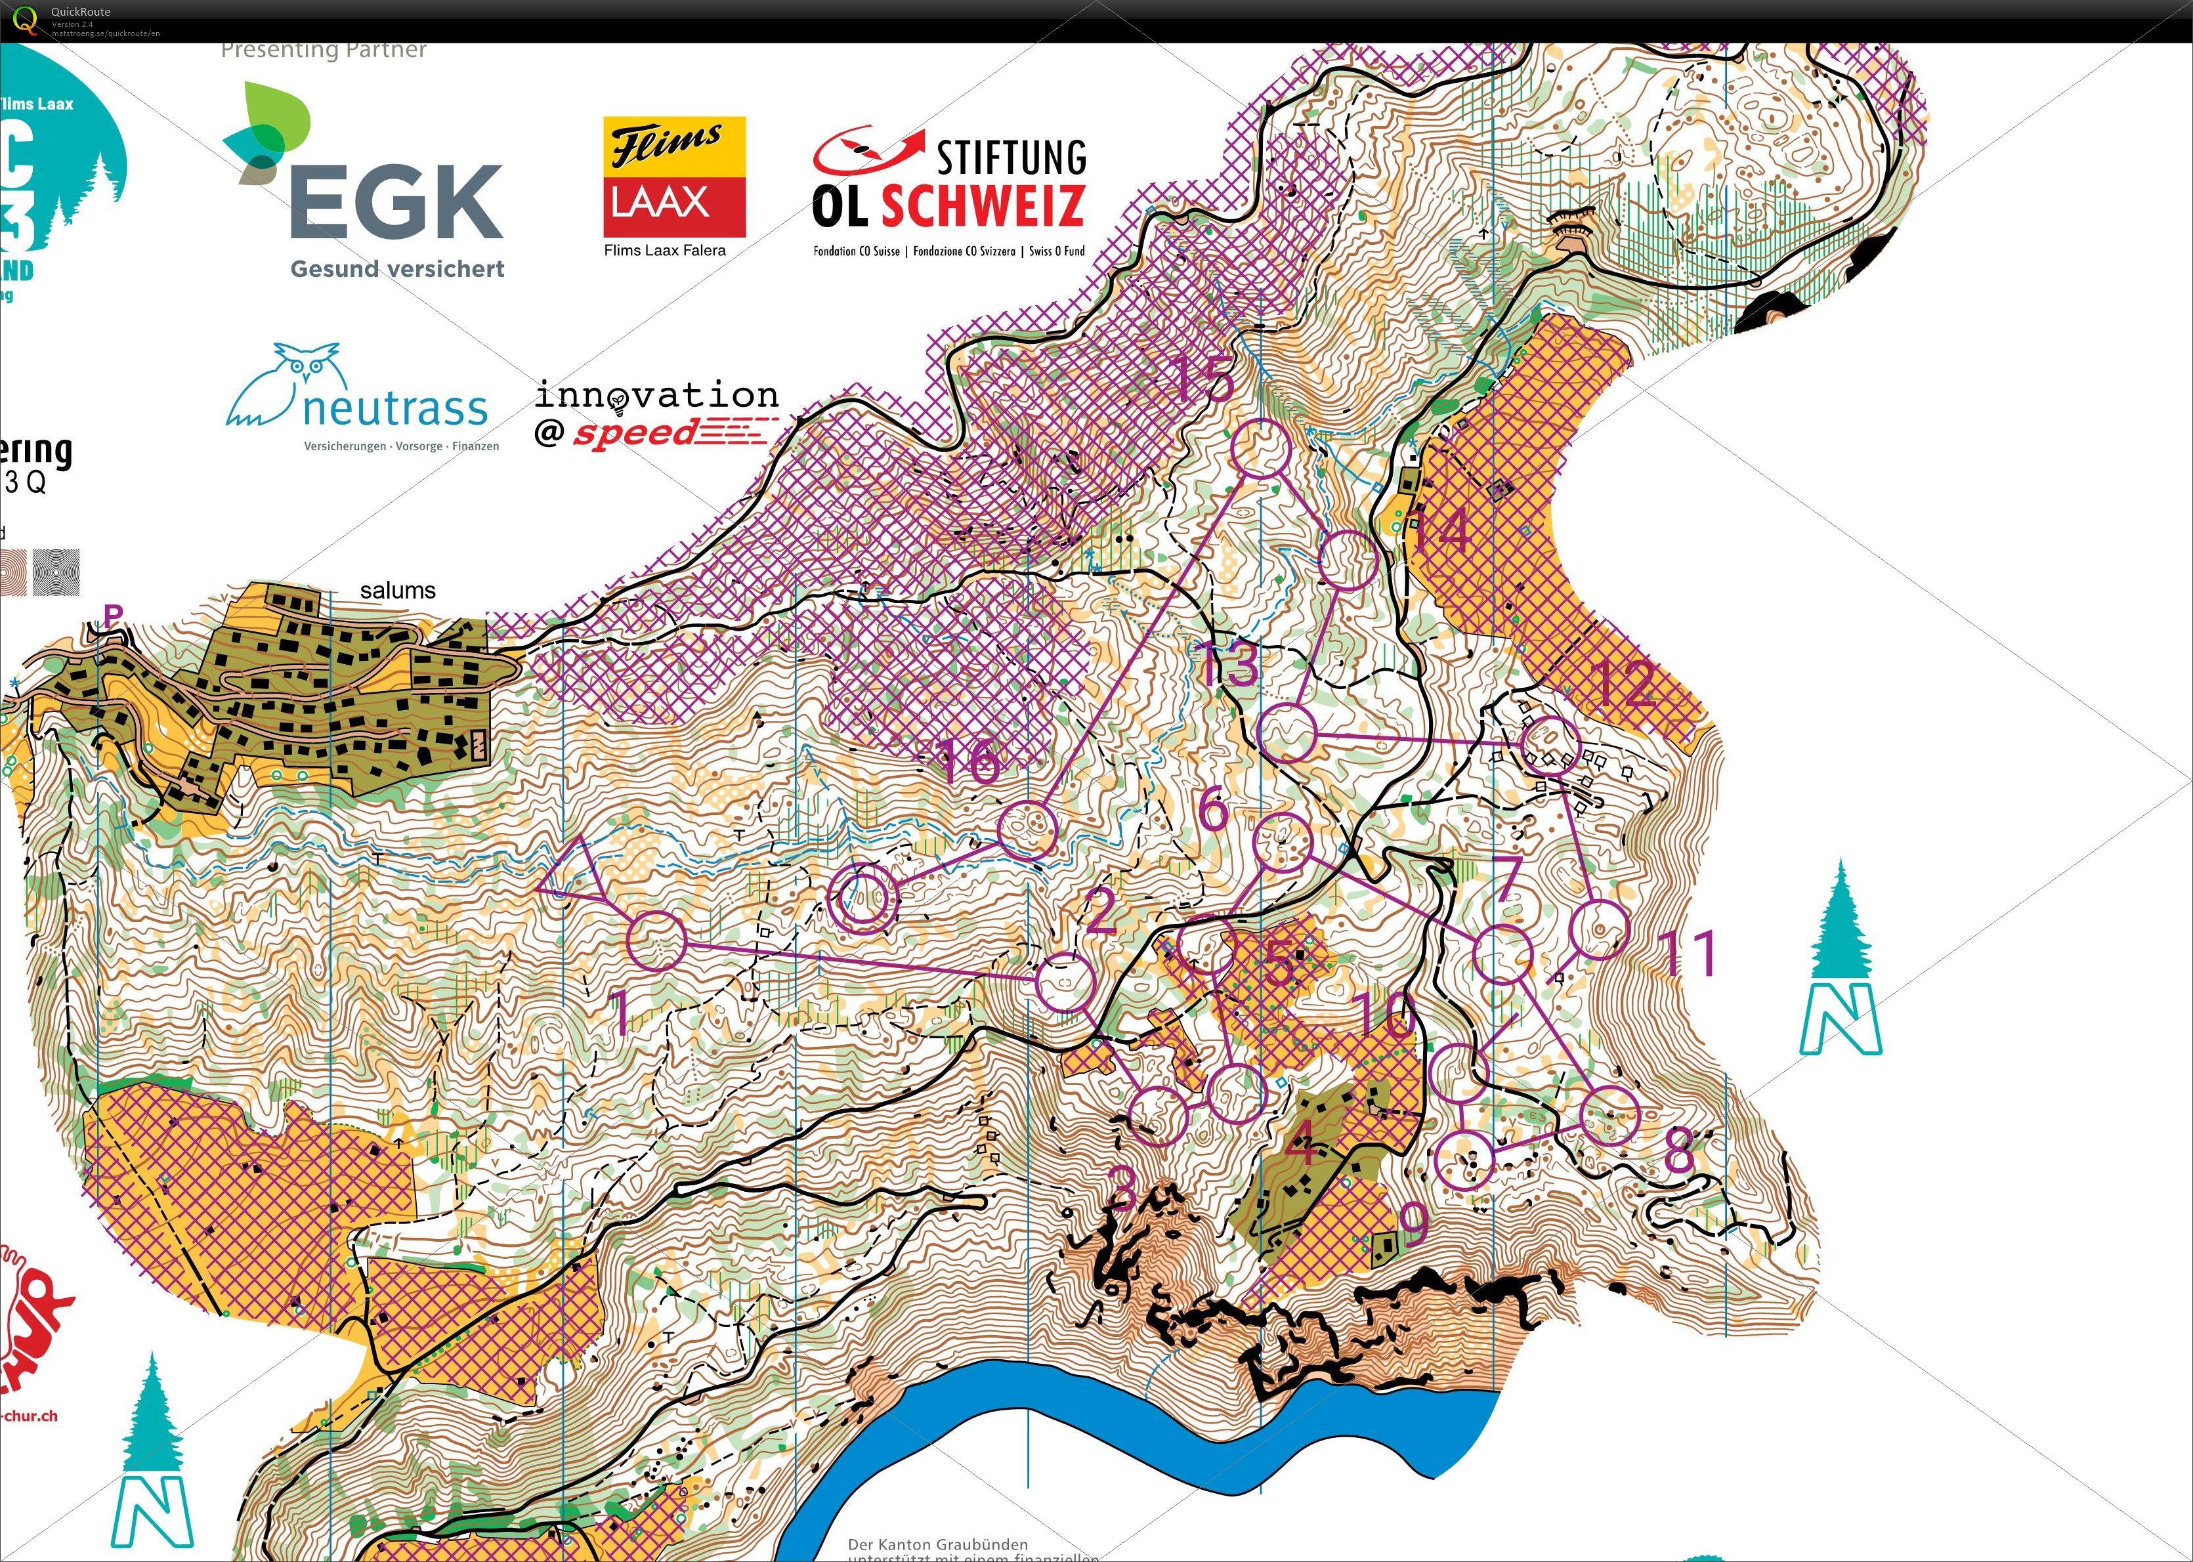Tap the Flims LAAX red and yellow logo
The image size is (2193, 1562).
674,177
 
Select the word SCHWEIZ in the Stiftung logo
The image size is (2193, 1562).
983,205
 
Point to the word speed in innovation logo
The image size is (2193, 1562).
635,434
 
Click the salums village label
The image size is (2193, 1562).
397,591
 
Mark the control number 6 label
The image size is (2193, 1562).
1214,808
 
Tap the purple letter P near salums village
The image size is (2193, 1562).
114,614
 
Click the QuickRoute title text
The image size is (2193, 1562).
81,12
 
